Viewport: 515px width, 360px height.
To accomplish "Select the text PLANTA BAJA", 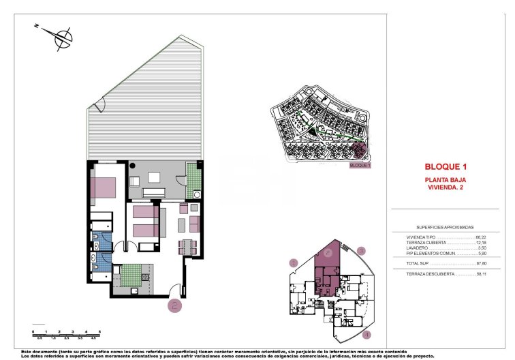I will tap(445, 179).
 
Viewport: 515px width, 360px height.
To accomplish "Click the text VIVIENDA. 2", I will tap(445, 187).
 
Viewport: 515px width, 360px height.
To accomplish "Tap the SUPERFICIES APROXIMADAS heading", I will tap(445, 227).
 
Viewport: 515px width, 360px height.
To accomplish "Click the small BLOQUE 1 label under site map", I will tap(359, 166).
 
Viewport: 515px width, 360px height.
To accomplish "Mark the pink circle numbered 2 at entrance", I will tap(174, 305).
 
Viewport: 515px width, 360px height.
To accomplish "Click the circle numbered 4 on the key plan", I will tap(366, 334).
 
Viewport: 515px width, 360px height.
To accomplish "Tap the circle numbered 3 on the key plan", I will tap(362, 251).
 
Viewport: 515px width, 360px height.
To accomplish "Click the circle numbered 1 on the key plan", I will tap(294, 262).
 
